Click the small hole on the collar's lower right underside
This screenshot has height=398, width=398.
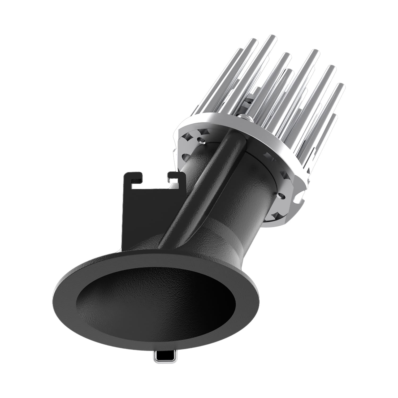coord(282,197)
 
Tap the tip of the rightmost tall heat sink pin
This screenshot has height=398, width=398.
coord(340,86)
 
